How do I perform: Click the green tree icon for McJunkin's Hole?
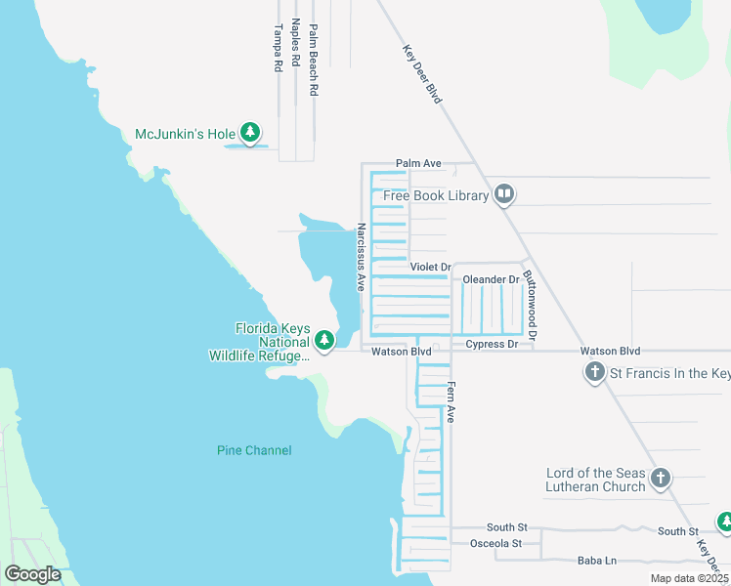coord(251,133)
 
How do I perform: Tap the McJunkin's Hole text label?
coord(184,133)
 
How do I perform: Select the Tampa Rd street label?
coord(279,48)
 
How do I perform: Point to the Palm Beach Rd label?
coord(314,60)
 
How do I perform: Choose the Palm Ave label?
coord(418,163)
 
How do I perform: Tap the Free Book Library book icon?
coord(504,195)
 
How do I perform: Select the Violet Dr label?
coord(430,268)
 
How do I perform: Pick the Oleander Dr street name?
coord(491,279)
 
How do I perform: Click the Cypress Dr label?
coord(492,344)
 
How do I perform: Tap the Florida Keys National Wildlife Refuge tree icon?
coord(325,341)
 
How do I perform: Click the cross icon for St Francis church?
coord(593,372)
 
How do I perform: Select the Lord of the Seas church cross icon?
coord(662,478)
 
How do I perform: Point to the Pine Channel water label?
coord(254,450)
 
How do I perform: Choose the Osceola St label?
coord(495,543)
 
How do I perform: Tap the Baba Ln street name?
coord(596,561)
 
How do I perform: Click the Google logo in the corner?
coord(32,573)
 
